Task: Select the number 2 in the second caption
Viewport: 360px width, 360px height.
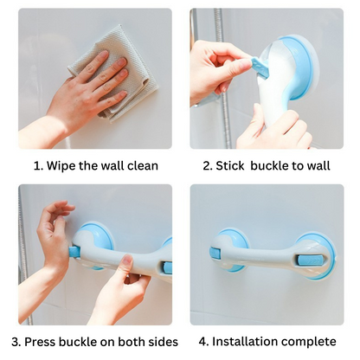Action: [207, 165]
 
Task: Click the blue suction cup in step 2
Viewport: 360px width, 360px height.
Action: [299, 65]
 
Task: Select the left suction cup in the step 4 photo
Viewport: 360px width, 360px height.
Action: [230, 250]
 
